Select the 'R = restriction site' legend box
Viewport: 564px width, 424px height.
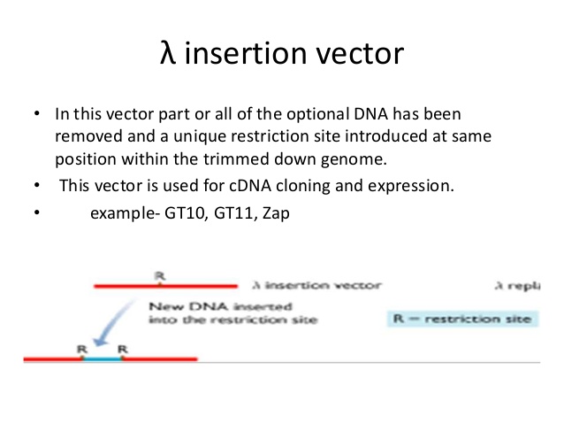pyautogui.click(x=461, y=318)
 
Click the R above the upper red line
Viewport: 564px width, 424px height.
pyautogui.click(x=160, y=276)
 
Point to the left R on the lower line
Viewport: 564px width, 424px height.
pyautogui.click(x=82, y=349)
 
